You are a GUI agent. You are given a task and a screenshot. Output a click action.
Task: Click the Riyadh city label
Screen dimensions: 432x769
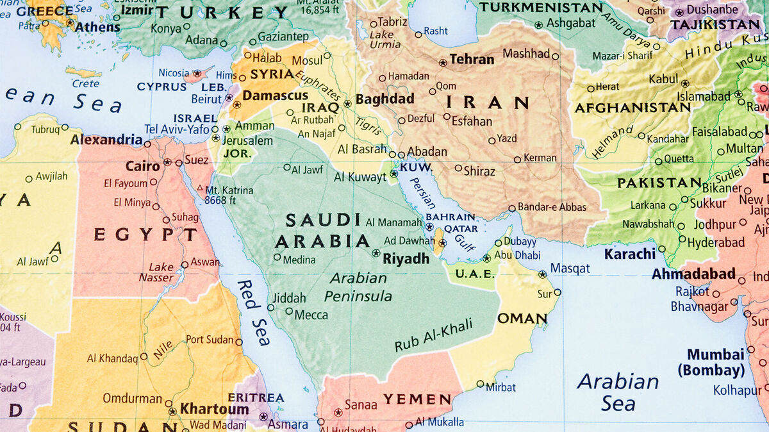coord(406,259)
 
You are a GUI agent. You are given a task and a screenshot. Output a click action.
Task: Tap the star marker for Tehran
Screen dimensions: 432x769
coord(443,63)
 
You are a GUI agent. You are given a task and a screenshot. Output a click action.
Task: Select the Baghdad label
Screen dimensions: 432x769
coord(385,99)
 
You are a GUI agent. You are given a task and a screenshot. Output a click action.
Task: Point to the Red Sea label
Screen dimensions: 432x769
coord(254,313)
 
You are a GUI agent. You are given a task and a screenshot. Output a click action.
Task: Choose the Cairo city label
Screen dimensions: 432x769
coord(142,166)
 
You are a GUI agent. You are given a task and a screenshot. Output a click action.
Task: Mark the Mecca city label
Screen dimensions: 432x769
coord(311,315)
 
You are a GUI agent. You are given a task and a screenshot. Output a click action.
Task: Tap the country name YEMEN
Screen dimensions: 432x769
coord(417,399)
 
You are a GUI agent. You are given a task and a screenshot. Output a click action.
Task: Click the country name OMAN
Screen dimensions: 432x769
coord(522,319)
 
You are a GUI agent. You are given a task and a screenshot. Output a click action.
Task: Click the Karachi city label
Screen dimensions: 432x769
coord(630,254)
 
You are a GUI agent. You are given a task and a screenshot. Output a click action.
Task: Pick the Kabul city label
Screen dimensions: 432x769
coord(663,79)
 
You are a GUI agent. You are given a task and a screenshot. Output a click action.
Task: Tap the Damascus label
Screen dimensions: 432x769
coord(276,96)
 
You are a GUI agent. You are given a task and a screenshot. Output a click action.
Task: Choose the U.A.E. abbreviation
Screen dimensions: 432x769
coord(475,274)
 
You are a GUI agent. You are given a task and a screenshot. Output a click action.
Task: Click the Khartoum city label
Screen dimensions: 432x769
coord(214,409)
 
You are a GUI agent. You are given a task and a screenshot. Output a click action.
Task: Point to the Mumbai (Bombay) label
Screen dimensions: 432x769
coord(715,362)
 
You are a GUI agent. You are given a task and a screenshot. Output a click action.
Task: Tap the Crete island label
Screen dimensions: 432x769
coord(85,84)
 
